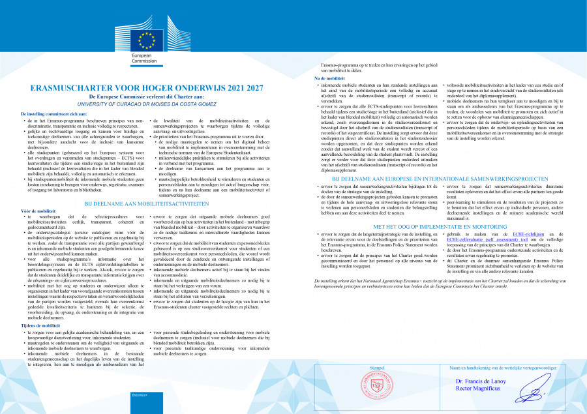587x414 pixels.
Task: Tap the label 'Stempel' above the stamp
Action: click(x=377, y=368)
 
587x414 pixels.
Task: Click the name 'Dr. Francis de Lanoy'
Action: click(x=480, y=381)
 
